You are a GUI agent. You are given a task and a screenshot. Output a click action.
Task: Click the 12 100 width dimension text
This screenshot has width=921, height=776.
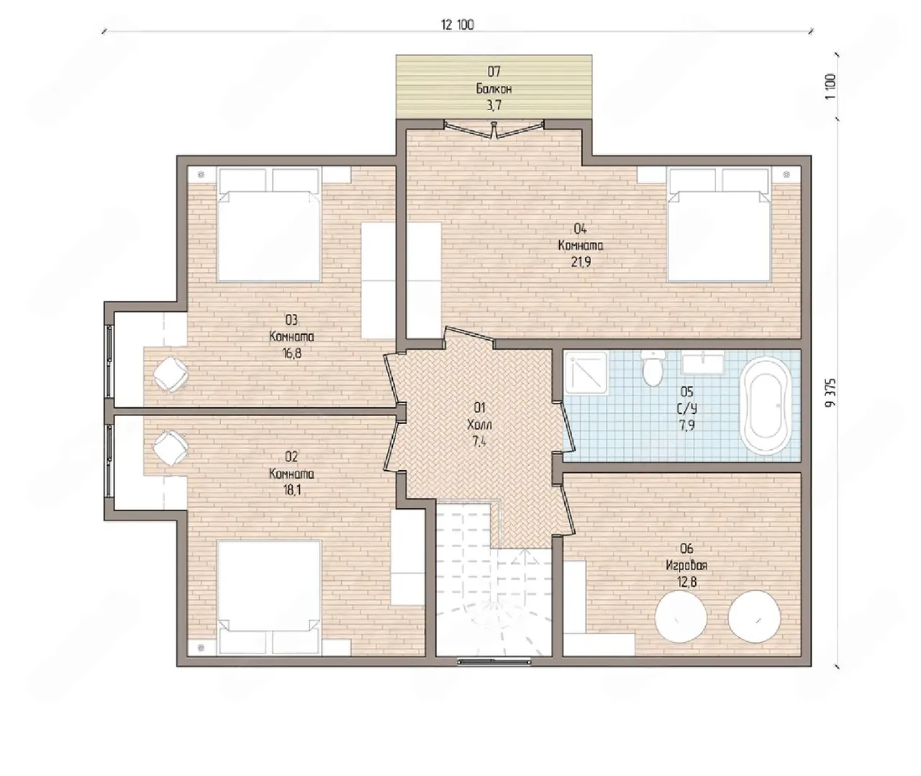point(458,25)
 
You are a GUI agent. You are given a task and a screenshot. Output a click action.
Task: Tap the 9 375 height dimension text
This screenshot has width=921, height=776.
point(830,392)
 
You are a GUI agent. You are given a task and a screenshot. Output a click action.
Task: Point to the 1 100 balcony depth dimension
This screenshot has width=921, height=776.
point(830,87)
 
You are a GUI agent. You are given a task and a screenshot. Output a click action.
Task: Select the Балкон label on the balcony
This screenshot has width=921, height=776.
point(494,89)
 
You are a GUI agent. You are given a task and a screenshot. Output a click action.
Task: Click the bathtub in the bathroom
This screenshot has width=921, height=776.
point(766,406)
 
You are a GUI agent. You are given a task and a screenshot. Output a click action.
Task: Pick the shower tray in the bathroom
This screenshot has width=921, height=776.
point(586,372)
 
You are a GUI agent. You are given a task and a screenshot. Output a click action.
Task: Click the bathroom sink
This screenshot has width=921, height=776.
point(703,363)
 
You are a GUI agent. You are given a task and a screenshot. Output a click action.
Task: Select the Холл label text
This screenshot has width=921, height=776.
point(479,425)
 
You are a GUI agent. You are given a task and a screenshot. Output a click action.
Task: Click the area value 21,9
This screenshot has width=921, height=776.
point(581,262)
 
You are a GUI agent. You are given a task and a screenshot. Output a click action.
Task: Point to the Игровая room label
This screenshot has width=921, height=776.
point(686,566)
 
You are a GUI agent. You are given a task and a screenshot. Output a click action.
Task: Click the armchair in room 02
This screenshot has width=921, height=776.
point(171,448)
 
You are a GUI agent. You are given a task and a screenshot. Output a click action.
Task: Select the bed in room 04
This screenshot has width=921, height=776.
point(720,225)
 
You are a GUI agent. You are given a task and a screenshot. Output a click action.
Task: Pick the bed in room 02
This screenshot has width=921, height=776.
point(268,597)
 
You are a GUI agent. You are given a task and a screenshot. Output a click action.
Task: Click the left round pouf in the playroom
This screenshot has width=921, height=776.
point(681,617)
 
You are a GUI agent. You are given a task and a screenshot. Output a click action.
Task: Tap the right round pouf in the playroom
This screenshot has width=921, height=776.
point(754,617)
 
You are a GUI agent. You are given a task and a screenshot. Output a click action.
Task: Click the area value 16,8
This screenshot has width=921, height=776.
point(291,353)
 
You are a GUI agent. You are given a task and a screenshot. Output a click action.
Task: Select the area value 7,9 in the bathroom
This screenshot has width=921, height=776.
point(686,425)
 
